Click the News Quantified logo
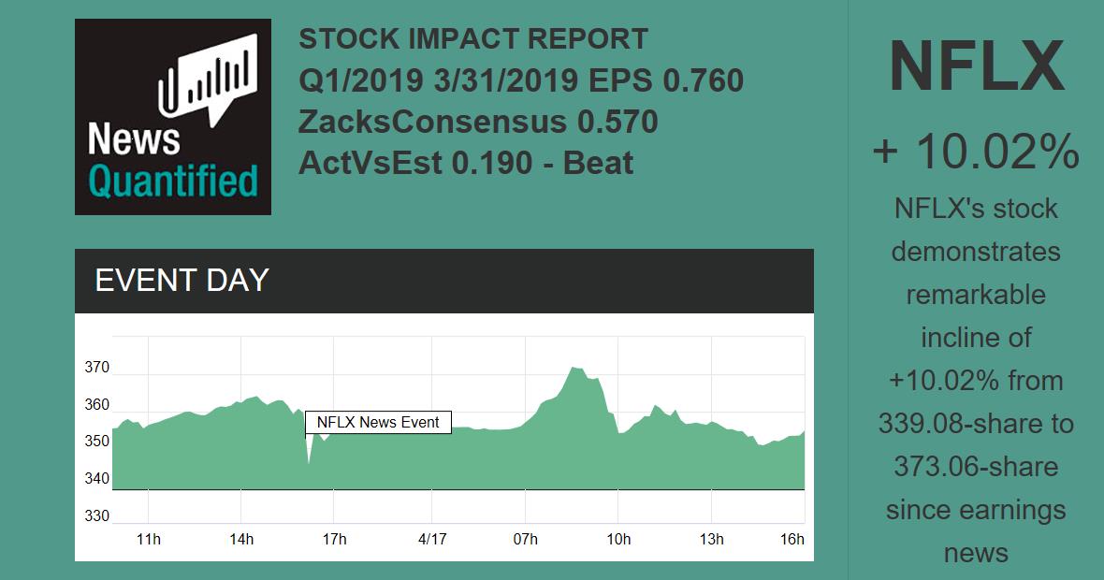coord(172,117)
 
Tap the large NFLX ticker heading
coord(976,67)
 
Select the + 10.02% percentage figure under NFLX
coord(976,152)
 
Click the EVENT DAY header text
coord(182,281)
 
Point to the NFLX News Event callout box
coord(378,423)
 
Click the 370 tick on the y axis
coord(96,368)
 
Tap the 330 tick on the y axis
coord(96,516)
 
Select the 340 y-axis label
coord(96,479)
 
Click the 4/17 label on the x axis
coord(431,540)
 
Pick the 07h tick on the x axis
coord(525,540)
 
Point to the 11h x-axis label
coord(149,540)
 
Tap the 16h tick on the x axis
coord(792,540)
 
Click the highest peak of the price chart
coord(574,369)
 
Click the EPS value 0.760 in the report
coord(703,81)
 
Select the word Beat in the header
coord(599,163)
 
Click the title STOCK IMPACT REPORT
coord(473,39)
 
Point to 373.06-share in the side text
coord(976,467)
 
